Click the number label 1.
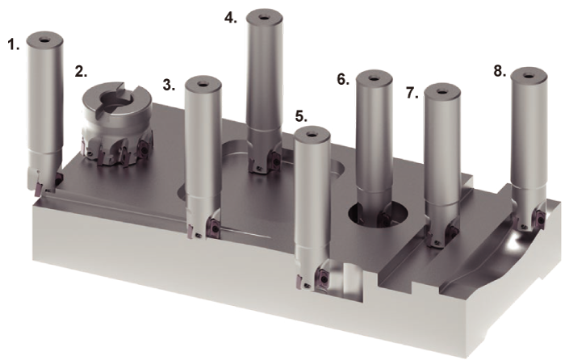(x=14, y=45)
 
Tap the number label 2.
(x=81, y=71)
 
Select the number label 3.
(x=169, y=86)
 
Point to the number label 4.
(x=231, y=18)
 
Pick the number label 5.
(x=301, y=116)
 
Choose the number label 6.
(x=343, y=79)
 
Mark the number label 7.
(x=412, y=93)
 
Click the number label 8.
(x=500, y=71)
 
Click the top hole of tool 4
(x=264, y=17)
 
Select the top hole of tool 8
(x=529, y=76)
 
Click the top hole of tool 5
(x=312, y=135)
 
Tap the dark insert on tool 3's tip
(x=213, y=228)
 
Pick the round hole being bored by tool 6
(x=379, y=213)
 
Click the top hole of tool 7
(x=442, y=91)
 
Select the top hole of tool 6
(x=374, y=78)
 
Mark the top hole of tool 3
(x=203, y=84)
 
